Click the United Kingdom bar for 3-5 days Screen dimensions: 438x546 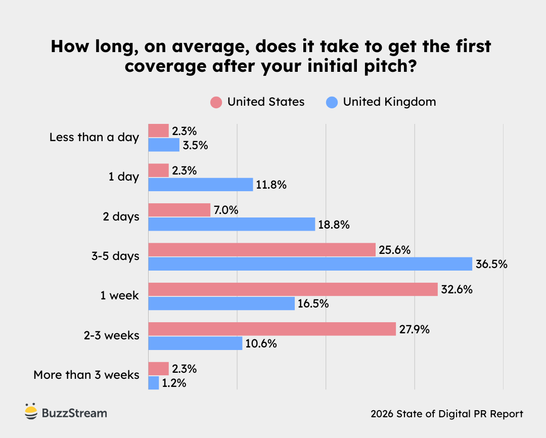coord(310,264)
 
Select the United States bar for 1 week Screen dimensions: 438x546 coord(293,289)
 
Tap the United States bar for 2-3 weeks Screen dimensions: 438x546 coord(271,329)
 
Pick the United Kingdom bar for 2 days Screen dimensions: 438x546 coord(232,225)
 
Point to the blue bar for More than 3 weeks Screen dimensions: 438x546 coord(153,383)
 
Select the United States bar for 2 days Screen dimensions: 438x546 coord(179,210)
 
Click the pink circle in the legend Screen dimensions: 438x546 coord(216,103)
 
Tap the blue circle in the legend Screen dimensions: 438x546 coord(332,103)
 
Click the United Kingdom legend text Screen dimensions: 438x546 coord(389,102)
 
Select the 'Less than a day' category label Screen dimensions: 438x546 coord(94,138)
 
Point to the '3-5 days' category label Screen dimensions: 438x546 coord(115,256)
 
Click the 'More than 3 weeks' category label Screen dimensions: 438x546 coord(86,375)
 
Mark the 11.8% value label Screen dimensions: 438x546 coord(271,185)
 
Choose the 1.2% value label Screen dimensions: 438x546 coord(174,383)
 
